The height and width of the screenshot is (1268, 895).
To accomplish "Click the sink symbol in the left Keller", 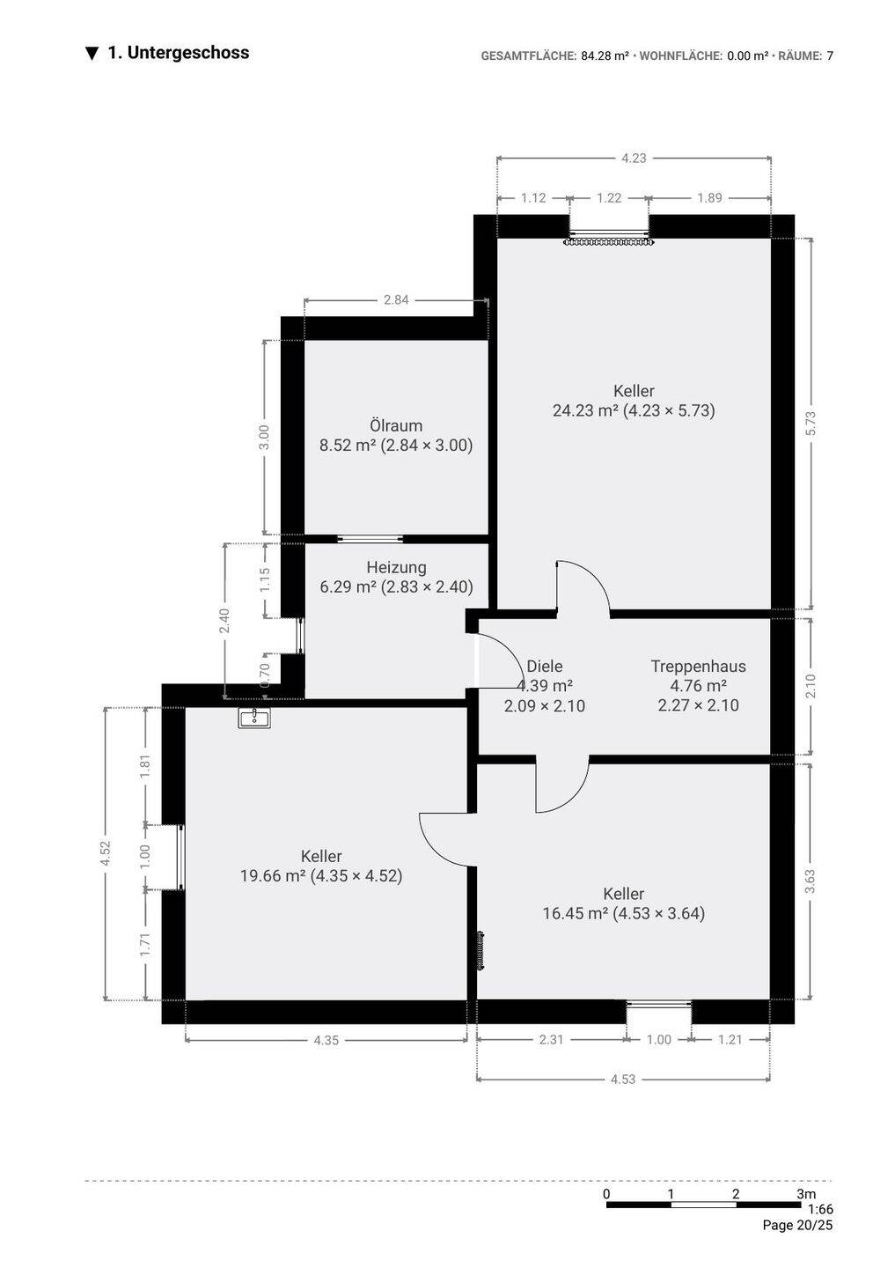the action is pos(254,718).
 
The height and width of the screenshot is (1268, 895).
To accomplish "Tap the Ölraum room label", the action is pos(396,425).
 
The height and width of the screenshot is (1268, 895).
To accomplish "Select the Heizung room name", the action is pos(396,567).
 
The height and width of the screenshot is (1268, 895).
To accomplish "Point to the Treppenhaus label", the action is pos(698,667).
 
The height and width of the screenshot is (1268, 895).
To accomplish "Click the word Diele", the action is pos(544,667).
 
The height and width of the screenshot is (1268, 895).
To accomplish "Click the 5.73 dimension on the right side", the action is pos(811,424).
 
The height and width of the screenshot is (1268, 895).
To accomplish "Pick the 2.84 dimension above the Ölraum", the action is pos(396,300).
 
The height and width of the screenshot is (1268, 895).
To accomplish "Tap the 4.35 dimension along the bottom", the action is pos(326,1040).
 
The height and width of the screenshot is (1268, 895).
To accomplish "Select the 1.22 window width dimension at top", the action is pos(609,197).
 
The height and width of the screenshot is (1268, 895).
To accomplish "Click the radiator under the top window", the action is pos(609,242).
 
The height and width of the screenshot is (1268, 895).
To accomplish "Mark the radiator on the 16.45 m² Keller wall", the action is pos(481,952).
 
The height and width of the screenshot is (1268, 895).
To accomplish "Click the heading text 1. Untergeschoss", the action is pos(178,53).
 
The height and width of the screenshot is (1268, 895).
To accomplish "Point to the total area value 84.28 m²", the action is pos(605,55).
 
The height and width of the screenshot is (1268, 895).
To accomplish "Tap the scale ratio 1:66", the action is pos(820,1209).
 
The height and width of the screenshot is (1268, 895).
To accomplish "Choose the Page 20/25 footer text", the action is pos(797,1226).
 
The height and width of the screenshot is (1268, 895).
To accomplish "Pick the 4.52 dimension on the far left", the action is pos(106,853).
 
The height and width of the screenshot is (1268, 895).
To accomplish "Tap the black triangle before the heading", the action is pos(92,54).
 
